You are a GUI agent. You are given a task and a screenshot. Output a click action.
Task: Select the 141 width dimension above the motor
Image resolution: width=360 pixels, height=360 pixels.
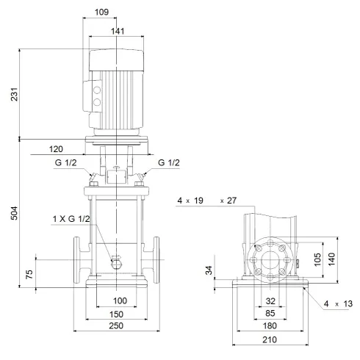coord(116,31)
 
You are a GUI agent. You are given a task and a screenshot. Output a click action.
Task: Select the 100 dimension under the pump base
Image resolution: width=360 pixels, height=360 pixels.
coord(120,300)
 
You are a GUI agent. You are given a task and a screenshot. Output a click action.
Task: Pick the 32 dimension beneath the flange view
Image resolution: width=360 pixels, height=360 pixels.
coord(270,300)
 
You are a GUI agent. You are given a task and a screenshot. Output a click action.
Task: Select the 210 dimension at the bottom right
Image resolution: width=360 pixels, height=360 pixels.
coord(270,339)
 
